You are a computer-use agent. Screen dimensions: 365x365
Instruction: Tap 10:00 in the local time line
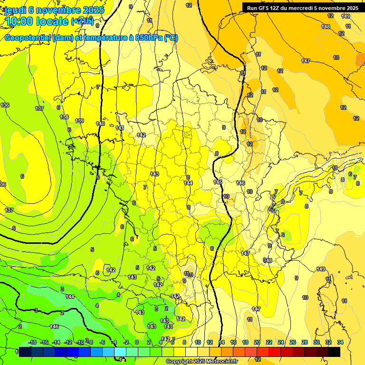[21, 21]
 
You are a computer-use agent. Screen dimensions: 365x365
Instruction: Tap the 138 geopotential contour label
[64, 117]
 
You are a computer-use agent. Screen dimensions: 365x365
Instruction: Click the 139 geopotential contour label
[79, 121]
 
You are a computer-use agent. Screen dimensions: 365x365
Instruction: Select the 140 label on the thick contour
[100, 124]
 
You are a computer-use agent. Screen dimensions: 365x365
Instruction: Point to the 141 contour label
[120, 128]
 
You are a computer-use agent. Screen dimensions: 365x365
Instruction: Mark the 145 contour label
[218, 182]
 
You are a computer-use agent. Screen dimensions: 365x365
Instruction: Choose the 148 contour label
[326, 27]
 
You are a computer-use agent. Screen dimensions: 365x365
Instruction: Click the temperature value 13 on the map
[336, 58]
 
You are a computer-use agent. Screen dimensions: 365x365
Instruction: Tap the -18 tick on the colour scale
[33, 342]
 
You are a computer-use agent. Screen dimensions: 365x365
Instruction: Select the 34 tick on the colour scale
[340, 342]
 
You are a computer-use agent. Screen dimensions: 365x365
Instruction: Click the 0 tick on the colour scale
[137, 342]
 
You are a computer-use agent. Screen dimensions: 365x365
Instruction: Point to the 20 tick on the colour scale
[257, 342]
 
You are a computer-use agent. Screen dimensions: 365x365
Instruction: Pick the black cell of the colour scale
[334, 352]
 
